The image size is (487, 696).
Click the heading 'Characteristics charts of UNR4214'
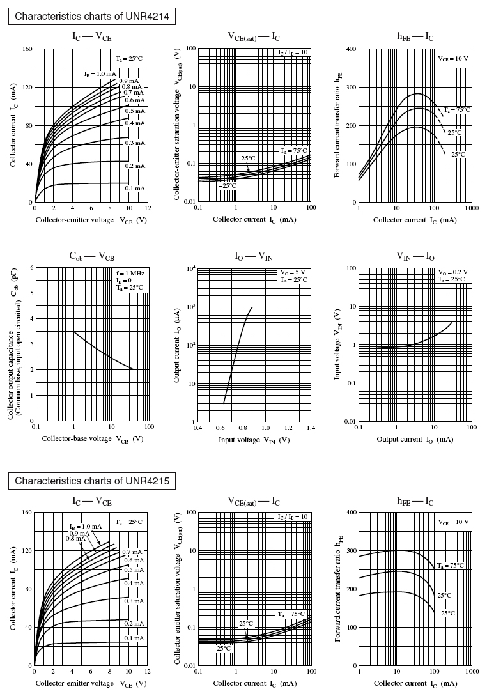92,17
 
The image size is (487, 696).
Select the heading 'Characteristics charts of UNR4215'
92,481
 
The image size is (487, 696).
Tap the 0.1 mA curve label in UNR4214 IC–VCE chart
135,189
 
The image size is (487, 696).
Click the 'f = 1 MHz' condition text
130,274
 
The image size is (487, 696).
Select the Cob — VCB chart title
91,256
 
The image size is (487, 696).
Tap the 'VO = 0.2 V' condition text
453,272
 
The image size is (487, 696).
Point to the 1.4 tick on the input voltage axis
310,428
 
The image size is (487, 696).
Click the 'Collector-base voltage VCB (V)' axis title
93,439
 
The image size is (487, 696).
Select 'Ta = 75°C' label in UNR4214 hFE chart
458,110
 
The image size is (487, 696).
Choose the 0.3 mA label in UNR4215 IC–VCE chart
134,601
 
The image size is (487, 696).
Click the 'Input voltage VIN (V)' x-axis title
254,440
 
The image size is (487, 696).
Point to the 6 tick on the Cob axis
29,268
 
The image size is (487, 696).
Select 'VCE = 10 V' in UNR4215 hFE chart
453,522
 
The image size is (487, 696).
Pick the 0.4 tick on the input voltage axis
197,428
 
